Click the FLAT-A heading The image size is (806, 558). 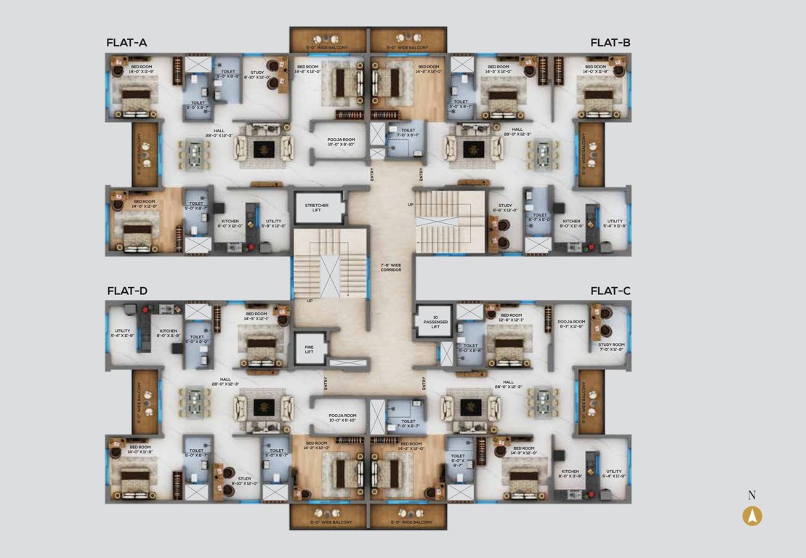click(x=126, y=43)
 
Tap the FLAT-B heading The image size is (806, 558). click(x=610, y=43)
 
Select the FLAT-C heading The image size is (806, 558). click(x=610, y=291)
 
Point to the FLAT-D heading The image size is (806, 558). click(x=127, y=291)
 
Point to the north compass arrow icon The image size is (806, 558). click(x=752, y=516)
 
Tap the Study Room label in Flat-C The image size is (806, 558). click(x=612, y=347)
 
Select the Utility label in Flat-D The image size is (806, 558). click(x=122, y=333)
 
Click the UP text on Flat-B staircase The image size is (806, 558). click(x=411, y=205)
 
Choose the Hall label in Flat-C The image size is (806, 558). click(x=508, y=384)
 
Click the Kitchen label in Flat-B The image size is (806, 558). click(x=571, y=223)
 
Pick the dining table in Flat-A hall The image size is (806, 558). click(x=194, y=153)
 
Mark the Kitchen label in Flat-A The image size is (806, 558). click(x=230, y=223)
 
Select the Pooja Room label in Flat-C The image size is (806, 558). click(x=571, y=323)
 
